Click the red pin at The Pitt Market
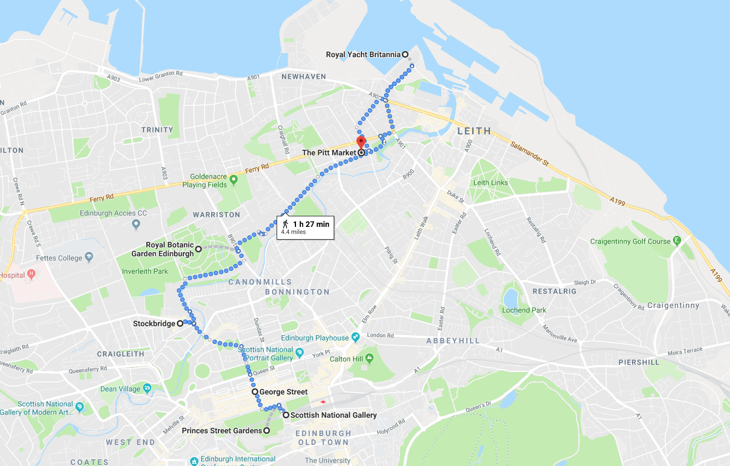360,141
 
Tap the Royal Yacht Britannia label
363,54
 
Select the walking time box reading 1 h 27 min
305,227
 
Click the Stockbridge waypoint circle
180,323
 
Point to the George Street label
283,392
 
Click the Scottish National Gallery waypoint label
333,415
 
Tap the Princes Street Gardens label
222,430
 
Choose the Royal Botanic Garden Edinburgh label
170,249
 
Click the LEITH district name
474,131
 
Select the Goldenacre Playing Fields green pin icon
233,179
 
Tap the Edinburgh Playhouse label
315,338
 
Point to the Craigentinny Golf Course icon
676,241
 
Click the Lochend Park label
524,310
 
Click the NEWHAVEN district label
304,77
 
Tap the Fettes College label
59,258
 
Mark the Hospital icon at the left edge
31,273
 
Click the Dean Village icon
147,388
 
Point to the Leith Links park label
490,183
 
